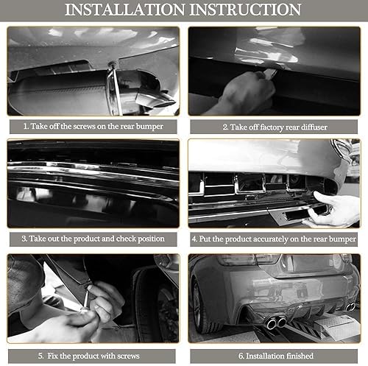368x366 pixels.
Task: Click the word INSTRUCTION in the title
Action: (244, 10)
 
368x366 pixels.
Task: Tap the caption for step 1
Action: (93, 126)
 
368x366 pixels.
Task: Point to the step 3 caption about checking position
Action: (93, 239)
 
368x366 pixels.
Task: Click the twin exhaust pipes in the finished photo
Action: (276, 323)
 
